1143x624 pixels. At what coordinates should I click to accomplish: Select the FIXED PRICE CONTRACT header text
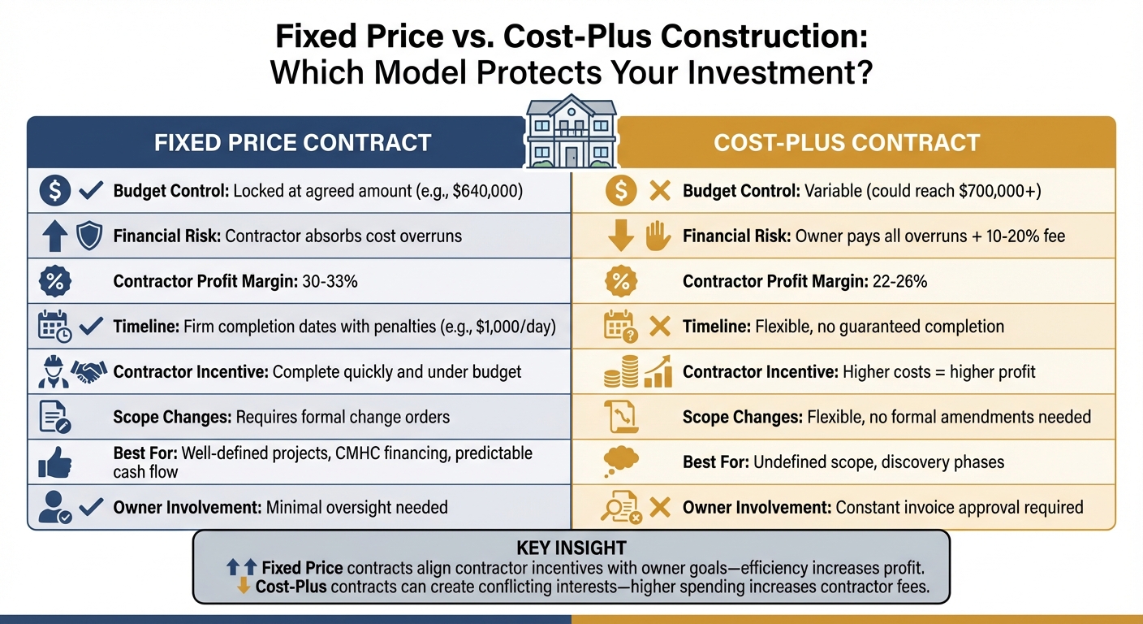coord(292,143)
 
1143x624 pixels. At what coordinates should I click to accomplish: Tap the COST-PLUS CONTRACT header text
coord(847,143)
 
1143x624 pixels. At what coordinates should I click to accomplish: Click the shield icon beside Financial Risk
coord(88,236)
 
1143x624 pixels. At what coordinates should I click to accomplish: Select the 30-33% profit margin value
coord(329,282)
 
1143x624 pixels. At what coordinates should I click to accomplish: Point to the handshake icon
coord(89,371)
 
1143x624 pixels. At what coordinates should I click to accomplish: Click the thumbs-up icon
coord(54,462)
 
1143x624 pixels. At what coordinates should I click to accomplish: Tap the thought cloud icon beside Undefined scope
coord(621,461)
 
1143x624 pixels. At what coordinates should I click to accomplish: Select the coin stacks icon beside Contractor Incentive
coord(621,373)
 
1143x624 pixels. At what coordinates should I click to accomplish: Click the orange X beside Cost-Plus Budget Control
coord(660,192)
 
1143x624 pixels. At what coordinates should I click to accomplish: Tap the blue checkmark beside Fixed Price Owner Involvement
coord(91,507)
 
